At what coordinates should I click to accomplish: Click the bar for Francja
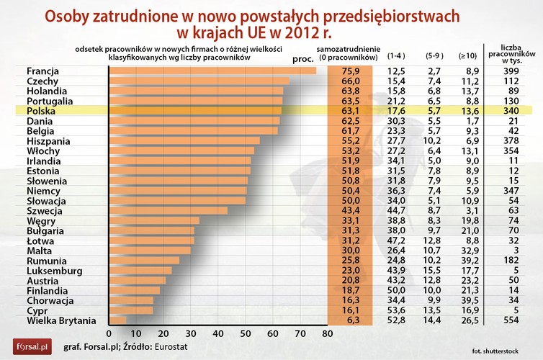pos(212,71)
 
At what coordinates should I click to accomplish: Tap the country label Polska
pos(42,111)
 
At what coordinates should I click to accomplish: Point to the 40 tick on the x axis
pos(218,334)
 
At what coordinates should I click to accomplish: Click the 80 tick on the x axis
pos(328,334)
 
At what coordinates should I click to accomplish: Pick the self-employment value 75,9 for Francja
pos(351,71)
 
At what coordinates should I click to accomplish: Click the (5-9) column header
pos(434,55)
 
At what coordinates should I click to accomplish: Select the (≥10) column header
pos(467,55)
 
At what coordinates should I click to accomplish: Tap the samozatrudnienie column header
pos(349,51)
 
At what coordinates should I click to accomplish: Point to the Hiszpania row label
pos(49,141)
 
